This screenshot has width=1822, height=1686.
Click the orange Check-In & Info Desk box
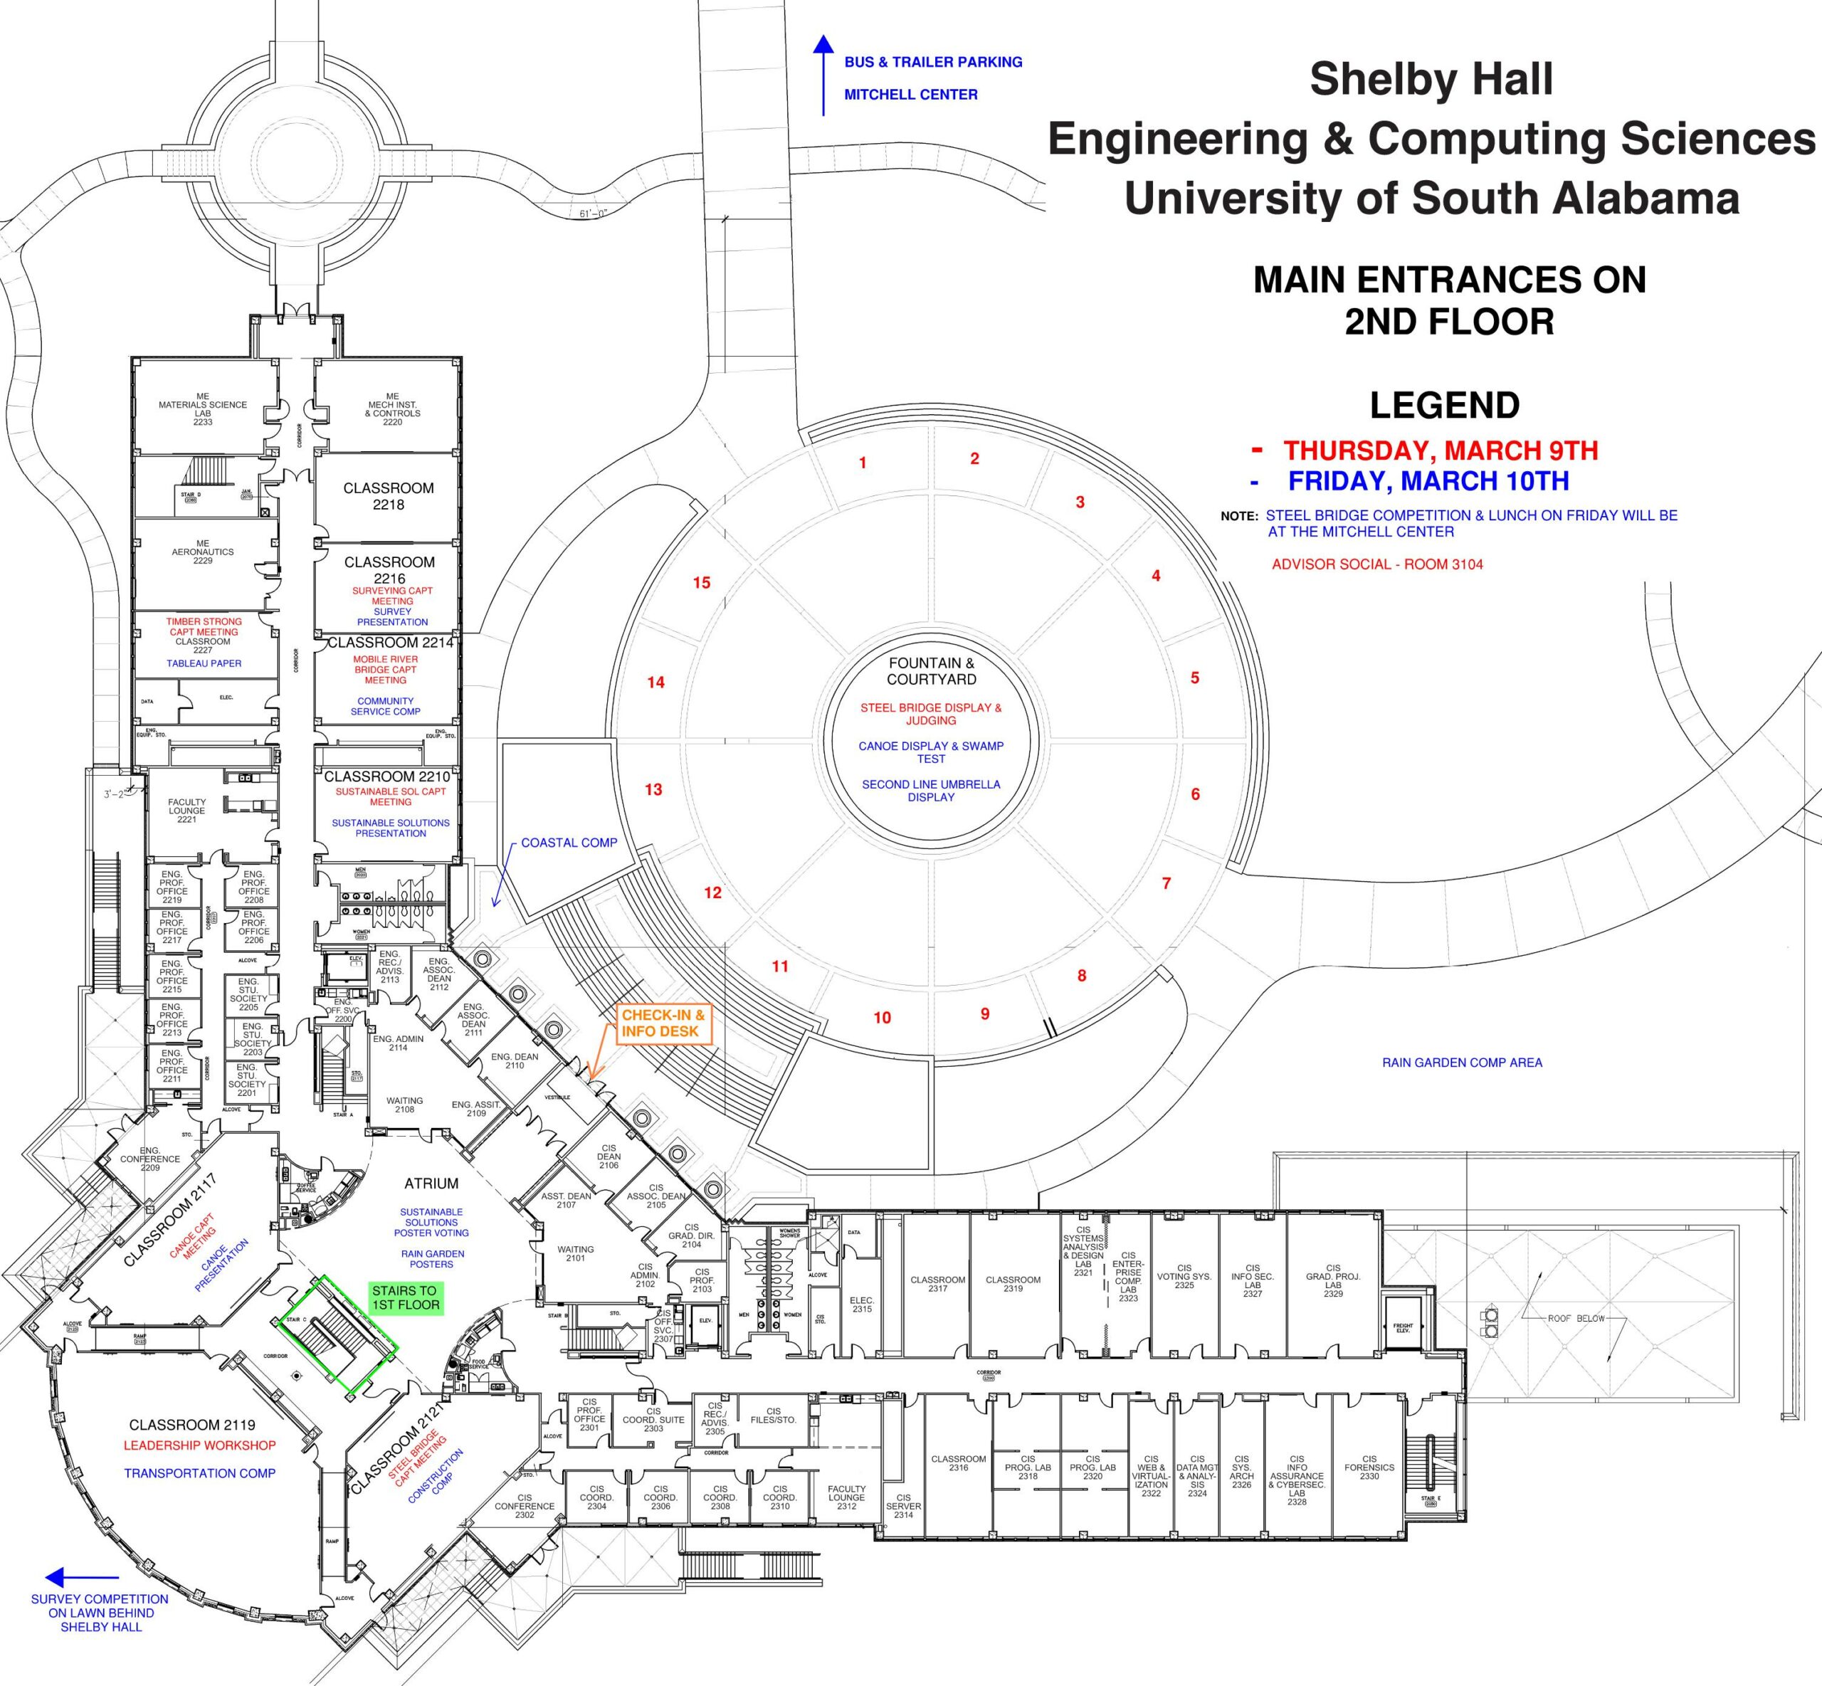[663, 1023]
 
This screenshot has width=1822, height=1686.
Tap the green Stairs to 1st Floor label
[405, 1297]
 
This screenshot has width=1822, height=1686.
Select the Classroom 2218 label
[388, 495]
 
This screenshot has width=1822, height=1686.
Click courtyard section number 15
[701, 582]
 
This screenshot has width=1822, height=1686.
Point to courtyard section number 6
[1195, 794]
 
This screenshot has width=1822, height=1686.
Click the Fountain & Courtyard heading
[931, 670]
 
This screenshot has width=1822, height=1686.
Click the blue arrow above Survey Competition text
[81, 1576]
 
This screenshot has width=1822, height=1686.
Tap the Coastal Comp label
[569, 842]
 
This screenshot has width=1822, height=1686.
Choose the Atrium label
[431, 1184]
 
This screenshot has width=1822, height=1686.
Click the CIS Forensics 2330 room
[1369, 1467]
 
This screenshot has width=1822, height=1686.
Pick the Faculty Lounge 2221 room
[186, 810]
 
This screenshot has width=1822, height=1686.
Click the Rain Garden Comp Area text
[1462, 1062]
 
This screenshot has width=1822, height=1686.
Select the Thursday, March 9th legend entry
[1440, 450]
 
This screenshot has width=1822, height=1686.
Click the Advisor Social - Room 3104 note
[1376, 564]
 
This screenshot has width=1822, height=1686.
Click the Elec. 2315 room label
[861, 1305]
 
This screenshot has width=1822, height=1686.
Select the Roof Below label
[1576, 1318]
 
